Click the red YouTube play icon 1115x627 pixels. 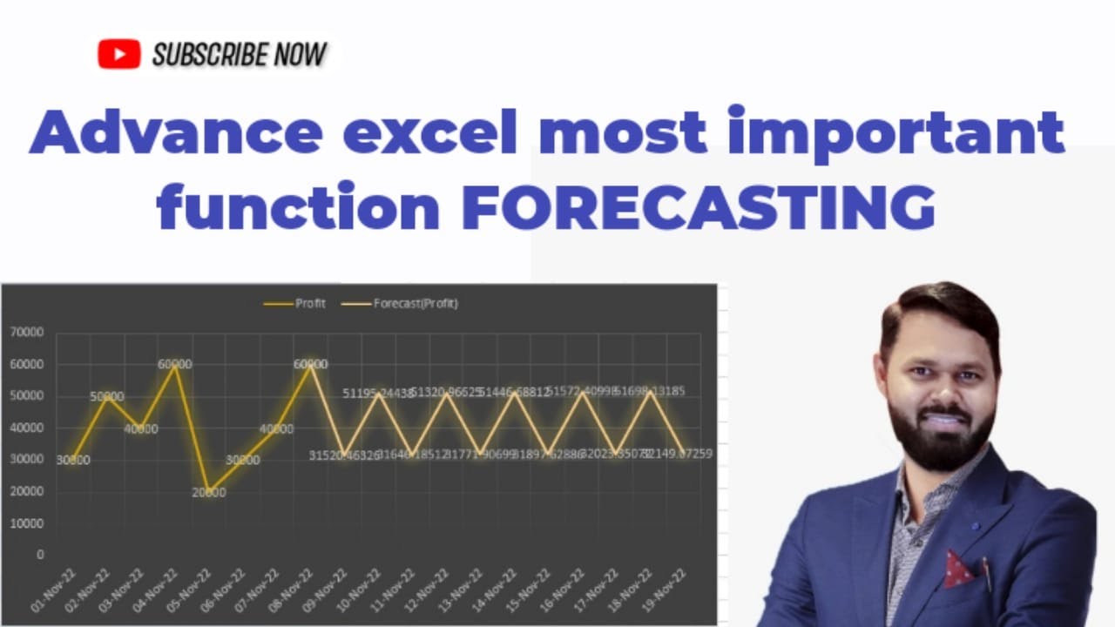point(119,55)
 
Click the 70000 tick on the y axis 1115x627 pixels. point(26,332)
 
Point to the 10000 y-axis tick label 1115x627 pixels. point(26,523)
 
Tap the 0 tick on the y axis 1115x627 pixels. point(40,555)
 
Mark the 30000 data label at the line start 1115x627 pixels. point(73,461)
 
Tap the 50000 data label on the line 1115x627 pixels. point(107,397)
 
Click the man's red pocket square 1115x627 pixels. point(959,568)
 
